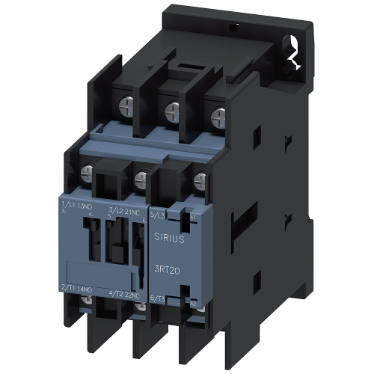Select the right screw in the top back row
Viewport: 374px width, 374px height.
(218, 116)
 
